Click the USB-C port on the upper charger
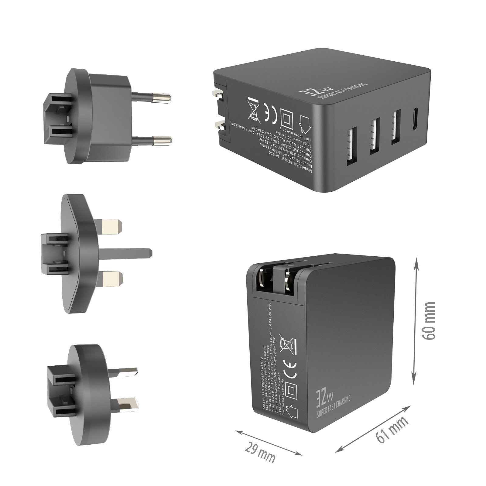click(x=414, y=120)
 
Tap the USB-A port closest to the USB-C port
click(x=395, y=126)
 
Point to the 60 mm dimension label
click(x=429, y=321)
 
